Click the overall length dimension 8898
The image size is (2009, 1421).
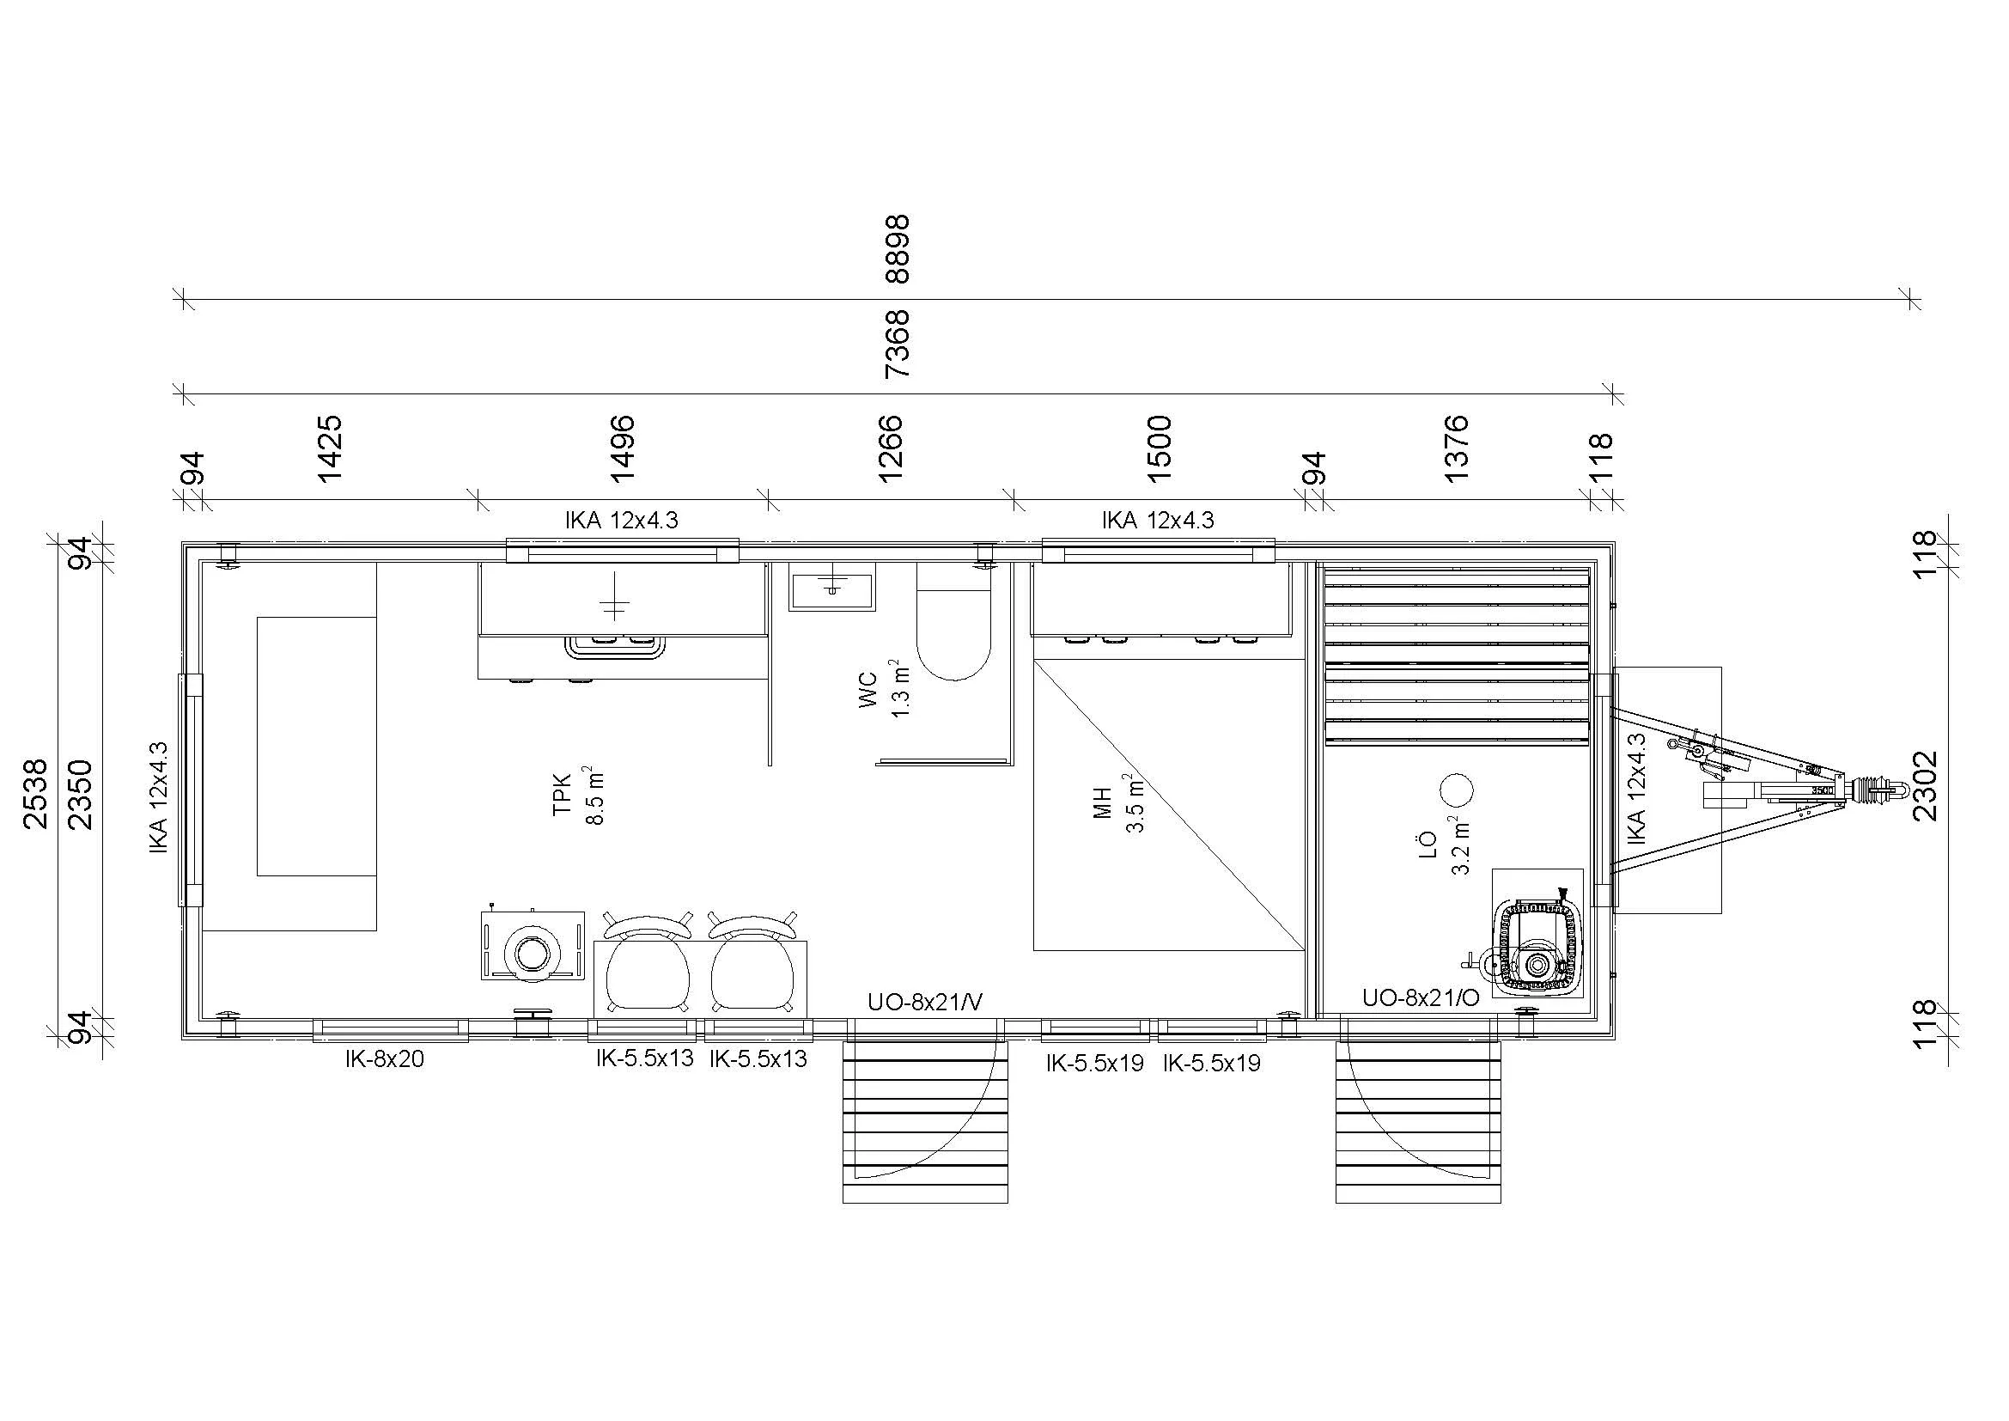(898, 249)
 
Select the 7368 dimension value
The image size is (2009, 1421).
(898, 343)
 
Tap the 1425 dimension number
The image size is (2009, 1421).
(330, 448)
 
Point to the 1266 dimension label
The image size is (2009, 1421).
(890, 448)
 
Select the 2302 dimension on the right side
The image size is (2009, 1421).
(1926, 786)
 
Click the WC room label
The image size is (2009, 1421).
(869, 691)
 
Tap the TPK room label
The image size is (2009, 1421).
(562, 795)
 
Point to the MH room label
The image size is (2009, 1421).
(1103, 803)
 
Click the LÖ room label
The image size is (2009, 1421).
(1428, 844)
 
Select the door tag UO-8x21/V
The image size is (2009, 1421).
(925, 1003)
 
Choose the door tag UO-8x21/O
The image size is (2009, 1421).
(1421, 998)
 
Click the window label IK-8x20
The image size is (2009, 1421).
(384, 1059)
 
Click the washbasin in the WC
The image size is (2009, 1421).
(831, 585)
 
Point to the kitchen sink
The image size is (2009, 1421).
(614, 646)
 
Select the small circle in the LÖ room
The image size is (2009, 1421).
(1457, 790)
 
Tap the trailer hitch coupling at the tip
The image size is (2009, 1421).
(1872, 791)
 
